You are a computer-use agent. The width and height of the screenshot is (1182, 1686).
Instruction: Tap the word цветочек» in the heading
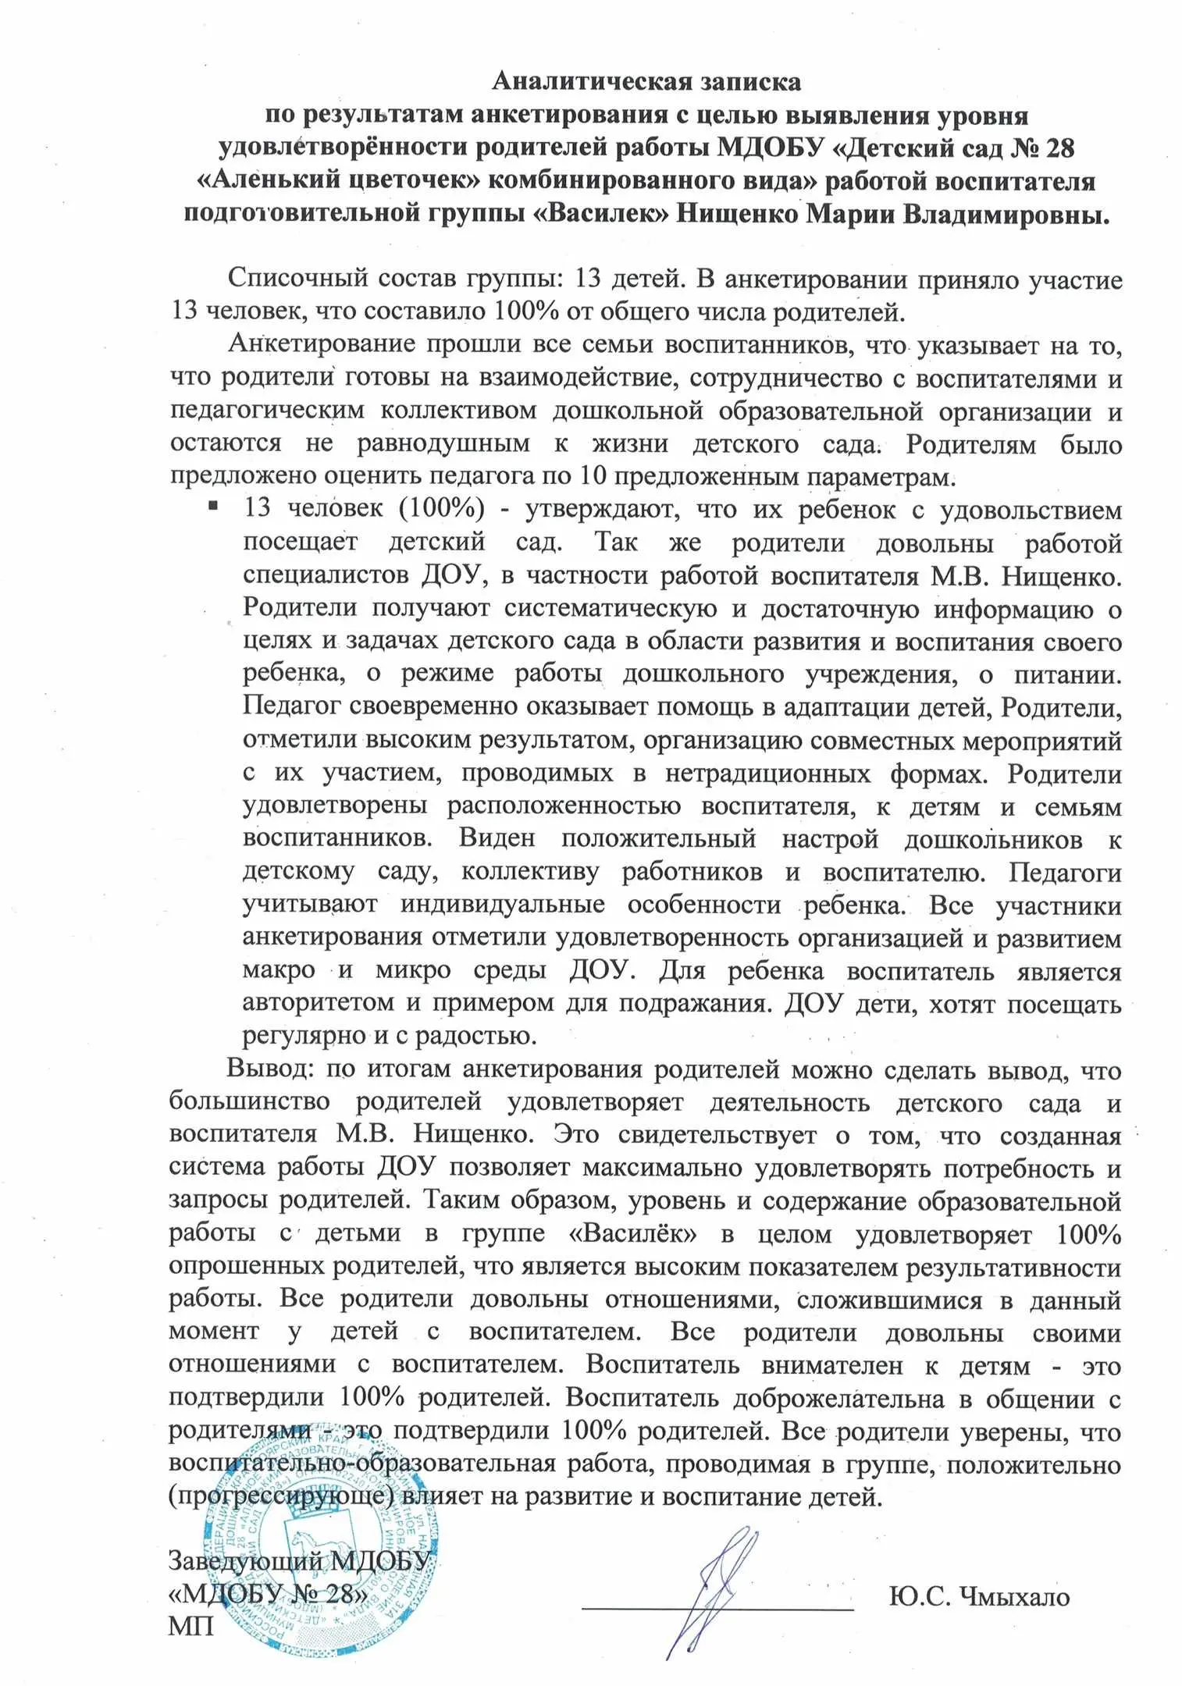pos(404,180)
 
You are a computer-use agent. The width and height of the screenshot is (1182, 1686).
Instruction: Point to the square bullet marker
pos(213,507)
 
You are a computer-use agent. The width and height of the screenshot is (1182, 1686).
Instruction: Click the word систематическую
pos(610,608)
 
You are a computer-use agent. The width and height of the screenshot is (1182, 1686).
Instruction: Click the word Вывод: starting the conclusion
pos(269,1069)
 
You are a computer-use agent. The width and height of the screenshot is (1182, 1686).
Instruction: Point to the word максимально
pos(662,1169)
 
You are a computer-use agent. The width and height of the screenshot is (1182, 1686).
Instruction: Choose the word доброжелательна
pos(838,1399)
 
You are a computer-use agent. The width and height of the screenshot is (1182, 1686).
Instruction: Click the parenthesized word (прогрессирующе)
pos(281,1497)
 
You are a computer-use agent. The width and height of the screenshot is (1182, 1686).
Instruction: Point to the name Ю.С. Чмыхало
pos(979,1596)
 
